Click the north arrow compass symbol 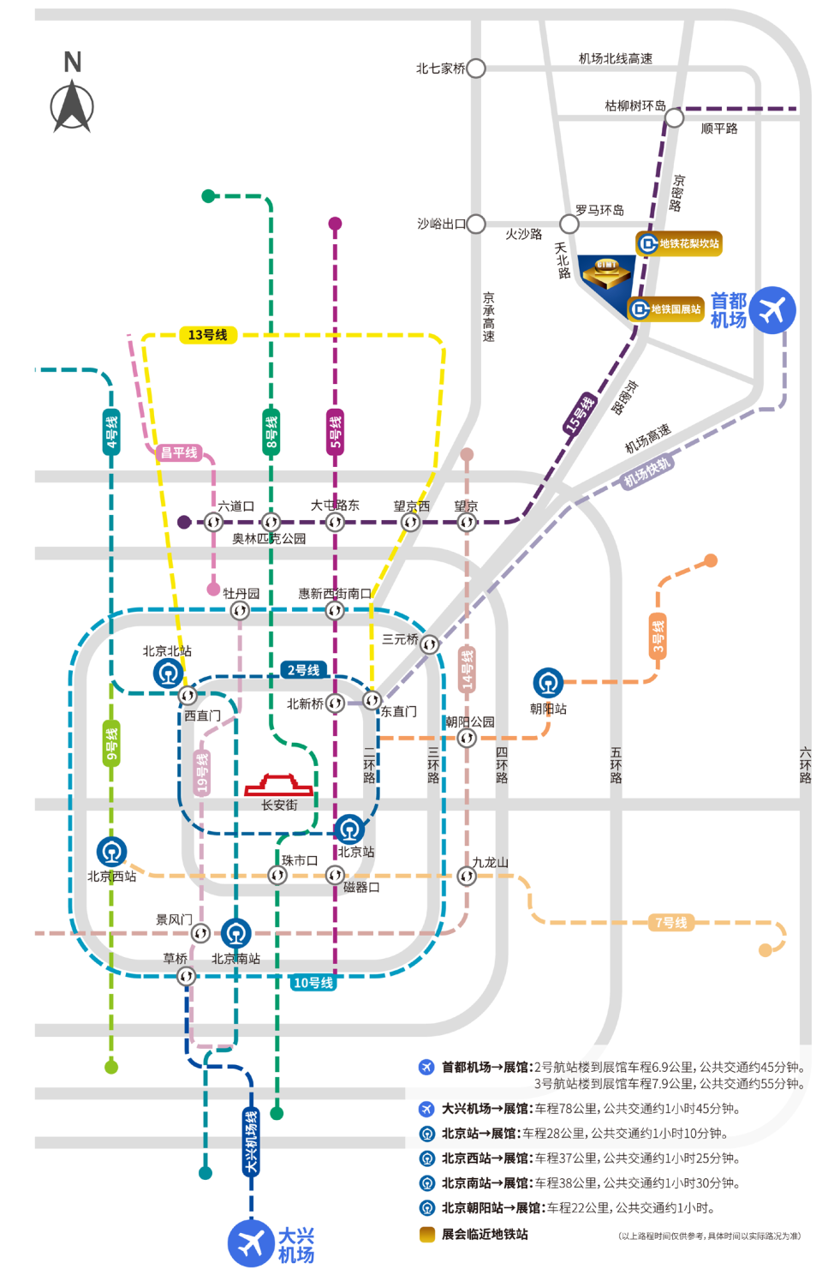click(x=72, y=106)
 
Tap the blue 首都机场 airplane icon click(x=772, y=309)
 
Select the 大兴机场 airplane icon click(x=251, y=1242)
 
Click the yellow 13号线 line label click(x=208, y=335)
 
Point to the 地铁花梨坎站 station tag click(x=679, y=243)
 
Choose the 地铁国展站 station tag click(x=667, y=308)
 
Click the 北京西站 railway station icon click(x=111, y=852)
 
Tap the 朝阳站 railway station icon click(x=548, y=683)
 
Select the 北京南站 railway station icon click(x=235, y=933)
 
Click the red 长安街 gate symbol click(x=279, y=785)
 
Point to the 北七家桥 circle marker click(x=476, y=69)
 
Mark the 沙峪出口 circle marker click(x=476, y=224)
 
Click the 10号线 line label click(x=313, y=983)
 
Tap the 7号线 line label click(x=671, y=923)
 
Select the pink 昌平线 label click(x=180, y=452)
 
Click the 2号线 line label click(x=303, y=670)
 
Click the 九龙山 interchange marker click(x=467, y=876)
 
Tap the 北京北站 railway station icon click(x=168, y=673)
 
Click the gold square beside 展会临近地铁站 click(x=426, y=1234)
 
